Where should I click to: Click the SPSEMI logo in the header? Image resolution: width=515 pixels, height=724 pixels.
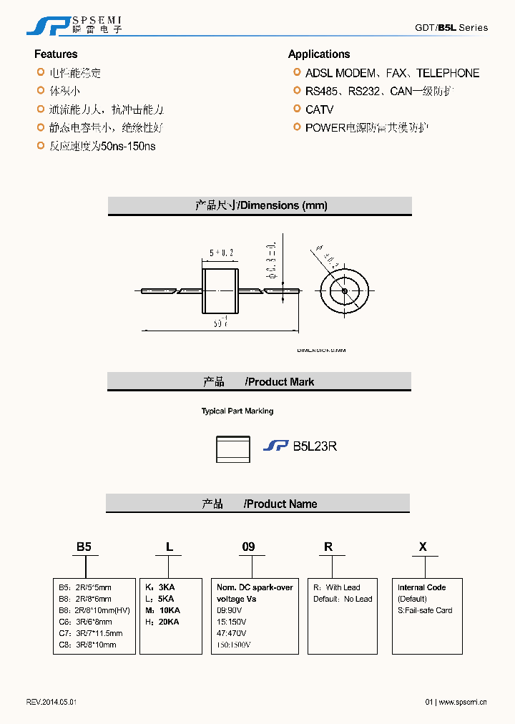coord(74,26)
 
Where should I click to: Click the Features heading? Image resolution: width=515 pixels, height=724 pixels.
coord(56,54)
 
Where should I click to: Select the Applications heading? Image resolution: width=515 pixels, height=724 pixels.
coord(319,54)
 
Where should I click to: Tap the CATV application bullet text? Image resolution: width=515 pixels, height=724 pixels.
coord(319,109)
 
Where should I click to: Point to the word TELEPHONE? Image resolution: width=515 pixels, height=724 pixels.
coord(448,73)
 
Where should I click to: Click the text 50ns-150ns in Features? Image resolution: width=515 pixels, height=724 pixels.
coord(129,146)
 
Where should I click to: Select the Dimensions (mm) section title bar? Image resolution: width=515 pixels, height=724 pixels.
coord(260,205)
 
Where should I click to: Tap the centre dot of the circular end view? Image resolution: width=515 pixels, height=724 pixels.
coord(344,291)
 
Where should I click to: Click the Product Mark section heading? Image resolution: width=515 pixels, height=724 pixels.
coord(259,382)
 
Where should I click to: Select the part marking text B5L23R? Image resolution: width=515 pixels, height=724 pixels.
coord(315,446)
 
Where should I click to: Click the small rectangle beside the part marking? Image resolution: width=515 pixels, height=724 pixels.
coord(233,448)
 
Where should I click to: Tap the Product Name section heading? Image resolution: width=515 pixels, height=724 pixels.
coord(258,504)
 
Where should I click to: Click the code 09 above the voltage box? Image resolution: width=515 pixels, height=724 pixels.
coord(248,547)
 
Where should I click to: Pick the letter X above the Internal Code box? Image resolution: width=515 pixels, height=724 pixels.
coord(423,547)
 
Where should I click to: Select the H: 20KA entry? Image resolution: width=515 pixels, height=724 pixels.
coord(162,622)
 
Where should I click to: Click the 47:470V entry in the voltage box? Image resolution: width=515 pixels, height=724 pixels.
coord(232,633)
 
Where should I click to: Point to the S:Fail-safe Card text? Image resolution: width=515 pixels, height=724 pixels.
coord(425,610)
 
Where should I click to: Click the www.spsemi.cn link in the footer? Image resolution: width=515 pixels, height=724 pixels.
coord(462,702)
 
